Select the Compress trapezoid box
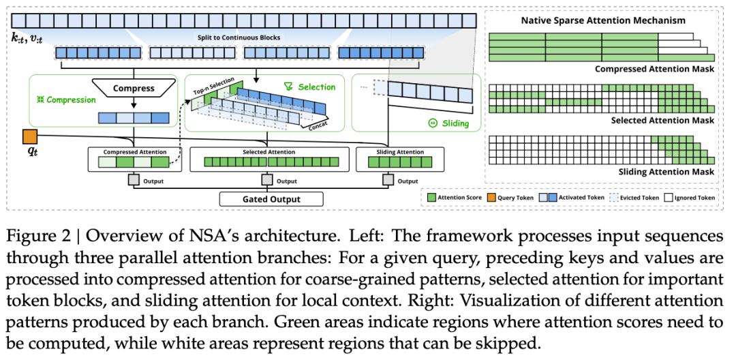click(x=134, y=89)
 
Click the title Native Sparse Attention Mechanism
click(x=603, y=20)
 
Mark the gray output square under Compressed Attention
click(x=134, y=180)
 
